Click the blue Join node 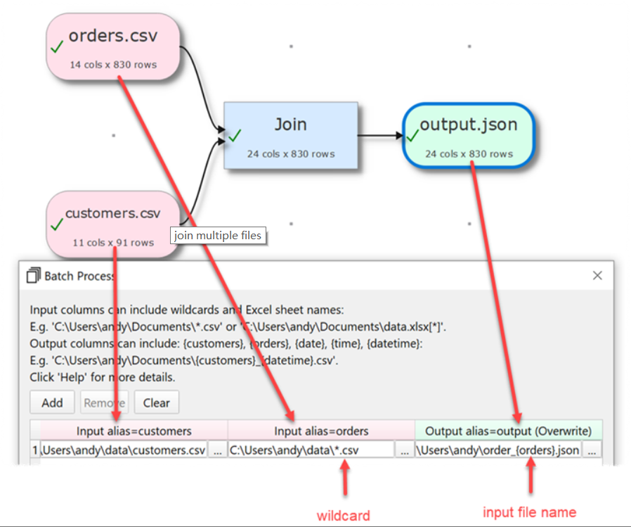click(x=290, y=135)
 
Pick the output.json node click(x=469, y=136)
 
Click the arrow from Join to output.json click(x=379, y=135)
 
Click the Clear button click(x=156, y=402)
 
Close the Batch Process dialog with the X click(x=597, y=276)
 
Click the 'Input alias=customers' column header click(x=134, y=431)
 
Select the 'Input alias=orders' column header click(x=321, y=431)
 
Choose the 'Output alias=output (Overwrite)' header click(x=509, y=431)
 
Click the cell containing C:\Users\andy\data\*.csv click(x=311, y=450)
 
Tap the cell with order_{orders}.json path click(x=498, y=450)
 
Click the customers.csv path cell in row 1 click(x=124, y=450)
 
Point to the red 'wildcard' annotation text click(x=343, y=515)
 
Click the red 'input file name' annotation click(x=529, y=512)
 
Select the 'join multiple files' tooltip click(x=219, y=236)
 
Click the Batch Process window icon click(x=33, y=276)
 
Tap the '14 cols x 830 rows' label click(x=113, y=65)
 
